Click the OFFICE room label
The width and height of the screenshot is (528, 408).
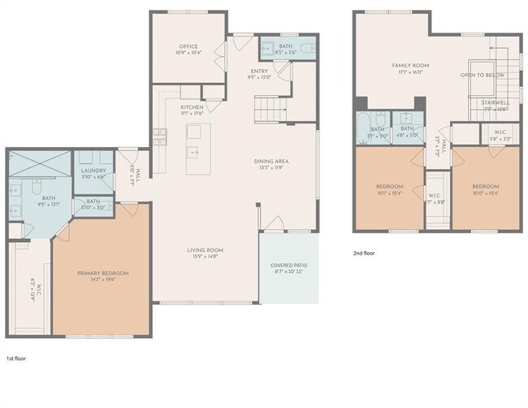[x=188, y=46]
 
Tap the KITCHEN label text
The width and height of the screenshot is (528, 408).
[x=192, y=107]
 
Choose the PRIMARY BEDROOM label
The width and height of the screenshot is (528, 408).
[x=103, y=273]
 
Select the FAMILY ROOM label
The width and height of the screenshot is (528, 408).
[x=410, y=65]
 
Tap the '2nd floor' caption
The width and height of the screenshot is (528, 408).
[x=364, y=254]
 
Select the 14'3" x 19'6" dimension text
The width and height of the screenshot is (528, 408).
[x=103, y=280]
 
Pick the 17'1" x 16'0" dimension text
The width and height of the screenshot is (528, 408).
[x=410, y=72]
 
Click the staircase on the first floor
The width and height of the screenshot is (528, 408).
[x=268, y=106]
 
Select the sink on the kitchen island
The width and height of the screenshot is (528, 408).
[x=193, y=152]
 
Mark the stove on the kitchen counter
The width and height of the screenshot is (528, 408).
[x=158, y=140]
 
